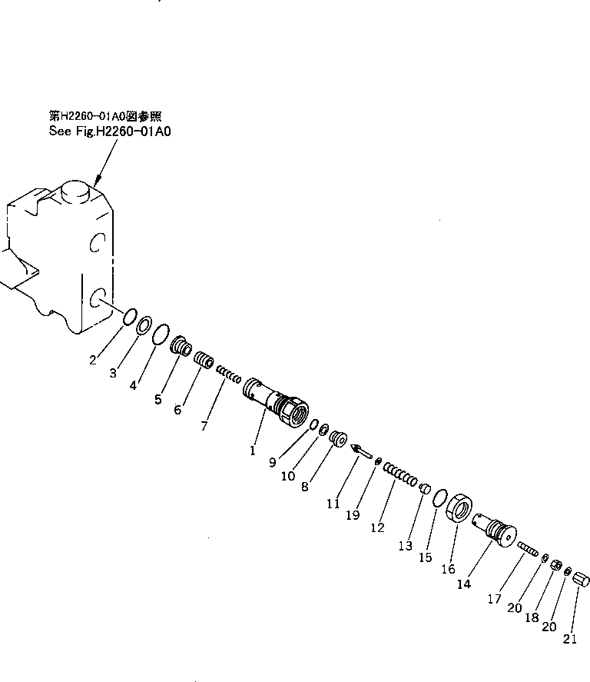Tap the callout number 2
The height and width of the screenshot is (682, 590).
(93, 360)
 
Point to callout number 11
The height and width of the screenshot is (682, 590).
(333, 504)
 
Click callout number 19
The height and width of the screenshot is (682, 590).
(353, 516)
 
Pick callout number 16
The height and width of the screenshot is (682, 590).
(449, 570)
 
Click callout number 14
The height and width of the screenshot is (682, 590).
(463, 584)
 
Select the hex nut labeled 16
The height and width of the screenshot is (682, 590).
(459, 509)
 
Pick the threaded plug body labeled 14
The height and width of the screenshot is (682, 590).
(496, 531)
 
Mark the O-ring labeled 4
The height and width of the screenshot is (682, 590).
(160, 335)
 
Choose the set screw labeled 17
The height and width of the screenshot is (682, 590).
(528, 551)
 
